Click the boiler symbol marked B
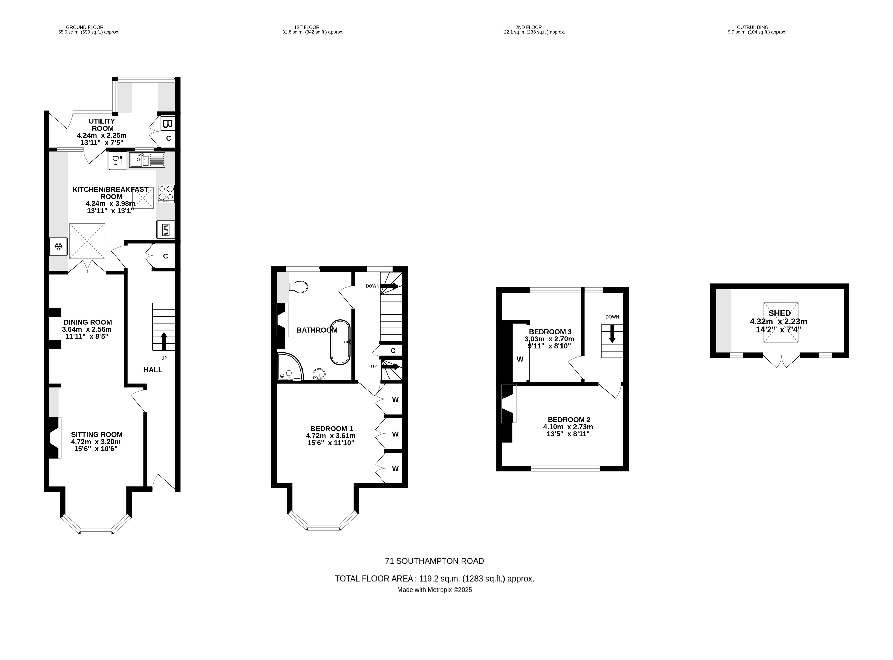[x=167, y=124]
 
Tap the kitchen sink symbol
[x=147, y=160]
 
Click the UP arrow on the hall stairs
[x=164, y=340]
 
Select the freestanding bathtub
[x=340, y=342]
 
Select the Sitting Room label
[x=97, y=435]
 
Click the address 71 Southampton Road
[x=434, y=561]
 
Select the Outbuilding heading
[x=756, y=28]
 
